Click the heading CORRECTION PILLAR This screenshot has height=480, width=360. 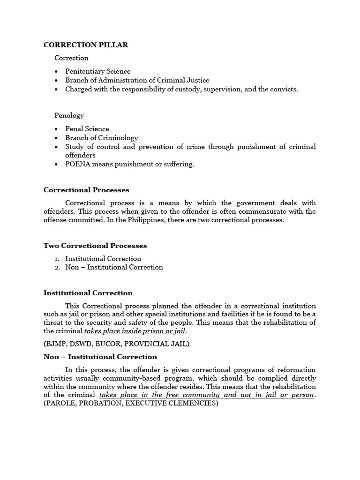click(86, 45)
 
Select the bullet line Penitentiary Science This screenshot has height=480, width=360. click(97, 71)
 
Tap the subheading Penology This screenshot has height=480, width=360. click(69, 115)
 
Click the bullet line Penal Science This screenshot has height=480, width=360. click(87, 129)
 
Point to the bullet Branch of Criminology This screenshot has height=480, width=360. click(101, 138)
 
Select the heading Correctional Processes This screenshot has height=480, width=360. click(86, 190)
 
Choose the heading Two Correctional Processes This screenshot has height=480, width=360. click(95, 246)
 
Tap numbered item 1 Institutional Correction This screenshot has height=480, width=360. click(103, 259)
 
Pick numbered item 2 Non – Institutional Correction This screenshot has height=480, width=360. click(114, 267)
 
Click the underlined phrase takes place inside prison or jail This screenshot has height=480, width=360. click(135, 331)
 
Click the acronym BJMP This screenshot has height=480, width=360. click(57, 344)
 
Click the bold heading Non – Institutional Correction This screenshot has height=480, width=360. click(100, 357)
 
